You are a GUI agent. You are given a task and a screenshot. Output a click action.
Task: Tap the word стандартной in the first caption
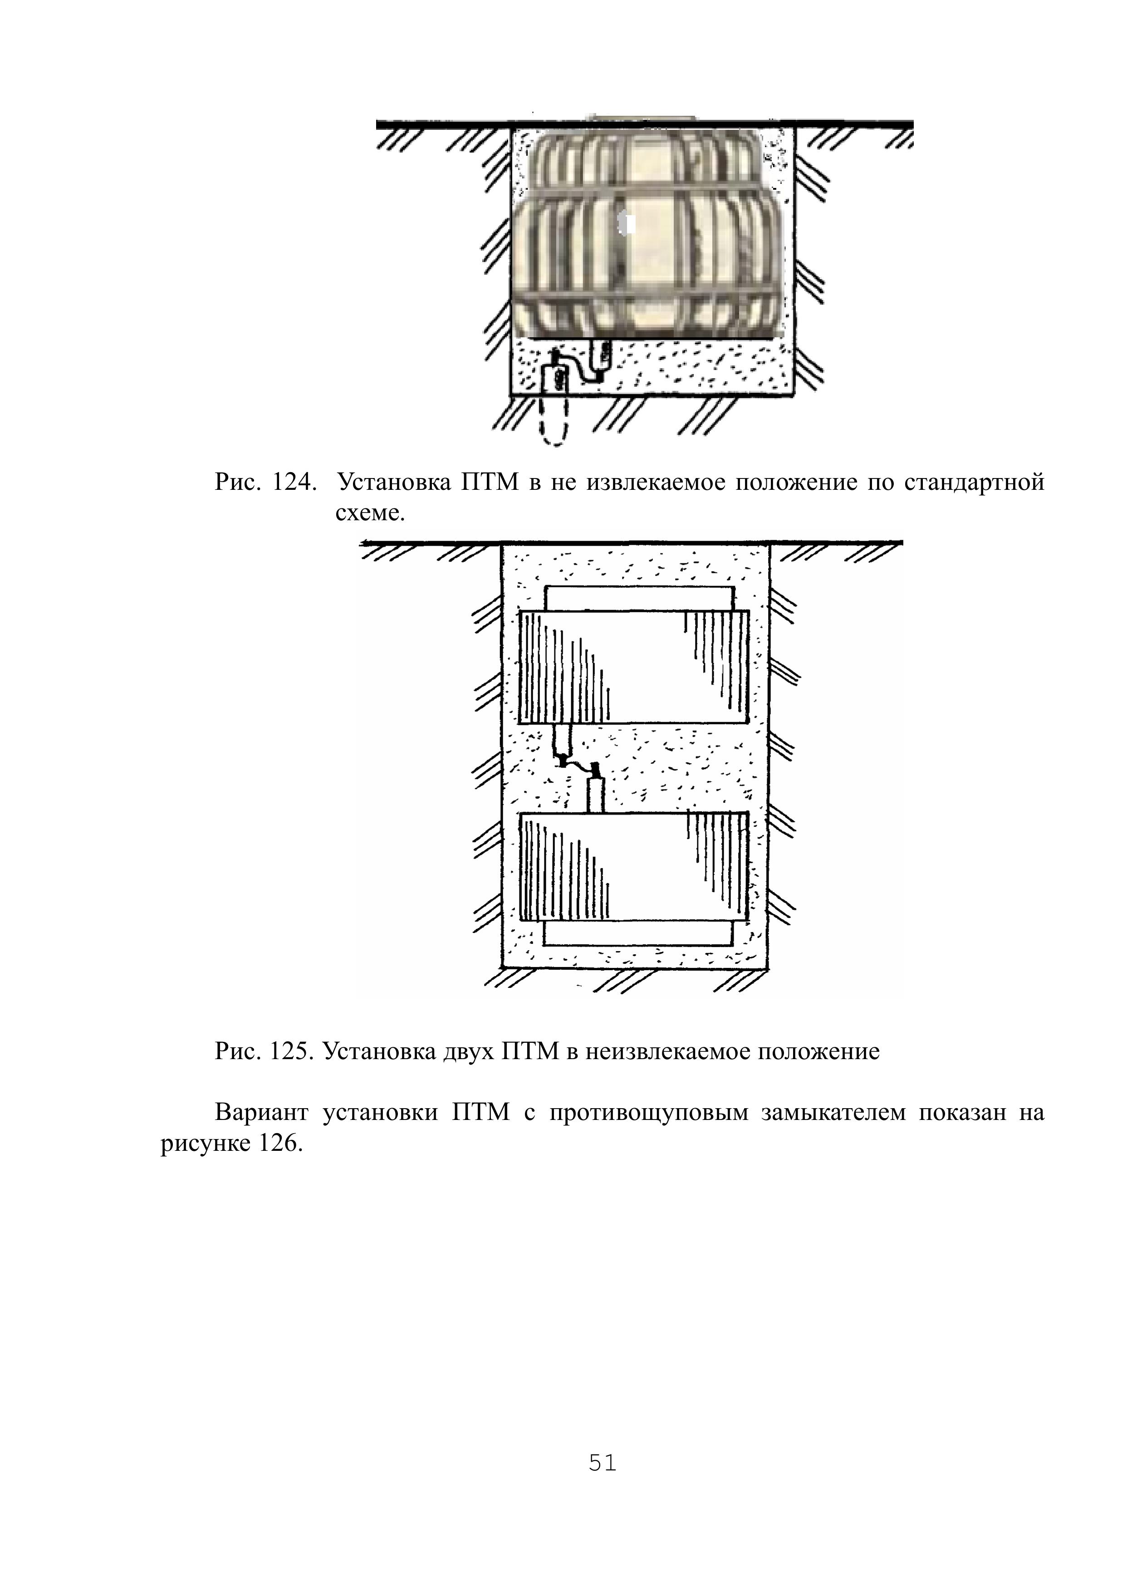(x=974, y=483)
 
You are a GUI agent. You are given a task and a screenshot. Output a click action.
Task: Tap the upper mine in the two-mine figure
(x=634, y=666)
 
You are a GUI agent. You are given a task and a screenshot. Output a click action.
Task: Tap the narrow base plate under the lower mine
(x=638, y=934)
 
